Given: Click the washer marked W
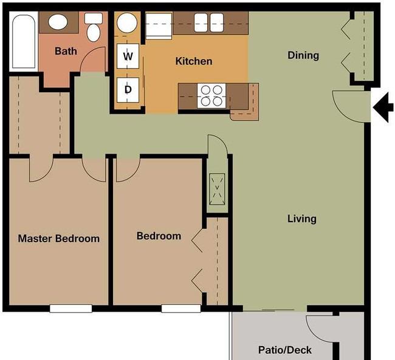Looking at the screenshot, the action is [x=128, y=56].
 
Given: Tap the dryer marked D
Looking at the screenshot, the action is [x=128, y=90].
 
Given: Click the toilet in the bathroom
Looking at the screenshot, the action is [x=93, y=27].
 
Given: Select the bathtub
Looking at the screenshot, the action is [x=24, y=41].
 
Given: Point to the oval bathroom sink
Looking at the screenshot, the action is [x=58, y=22].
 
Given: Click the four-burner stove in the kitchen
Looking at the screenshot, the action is [x=211, y=96].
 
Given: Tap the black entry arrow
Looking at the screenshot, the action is [x=383, y=107].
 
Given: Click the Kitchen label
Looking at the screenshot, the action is [x=194, y=61].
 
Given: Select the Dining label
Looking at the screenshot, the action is [x=303, y=55].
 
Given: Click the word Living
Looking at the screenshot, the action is [x=302, y=219].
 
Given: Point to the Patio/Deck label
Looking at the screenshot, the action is [x=285, y=350].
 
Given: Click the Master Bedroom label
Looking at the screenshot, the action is [x=59, y=239].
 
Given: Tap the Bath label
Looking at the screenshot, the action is [x=66, y=51].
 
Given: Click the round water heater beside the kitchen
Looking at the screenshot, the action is [x=127, y=23].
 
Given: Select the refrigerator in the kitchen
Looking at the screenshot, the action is [x=159, y=26].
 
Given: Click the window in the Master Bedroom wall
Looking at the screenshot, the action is [x=70, y=308].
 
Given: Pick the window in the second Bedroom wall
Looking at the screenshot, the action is [x=181, y=308].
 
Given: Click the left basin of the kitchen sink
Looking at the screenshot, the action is [x=201, y=22].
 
